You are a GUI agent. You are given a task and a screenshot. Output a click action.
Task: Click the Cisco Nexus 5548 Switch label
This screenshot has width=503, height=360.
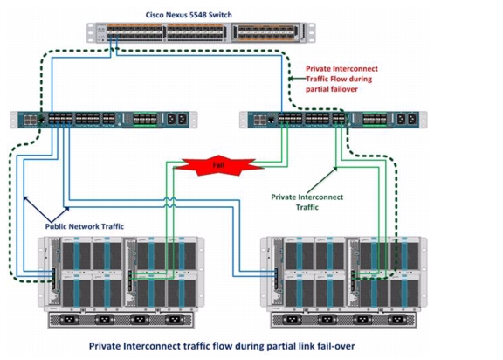tap(189, 15)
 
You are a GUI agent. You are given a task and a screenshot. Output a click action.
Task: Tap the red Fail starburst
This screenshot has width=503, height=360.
tap(218, 165)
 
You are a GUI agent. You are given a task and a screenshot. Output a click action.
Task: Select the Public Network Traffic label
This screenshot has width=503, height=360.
tap(85, 226)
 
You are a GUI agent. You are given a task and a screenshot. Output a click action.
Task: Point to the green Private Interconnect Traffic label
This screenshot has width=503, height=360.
tap(307, 202)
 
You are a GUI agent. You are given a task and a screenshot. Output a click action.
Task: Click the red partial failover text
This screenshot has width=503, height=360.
tap(332, 89)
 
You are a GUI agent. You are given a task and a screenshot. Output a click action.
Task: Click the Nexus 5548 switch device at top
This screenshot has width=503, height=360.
tap(201, 32)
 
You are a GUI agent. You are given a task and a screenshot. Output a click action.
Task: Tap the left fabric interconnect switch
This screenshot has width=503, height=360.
tap(104, 120)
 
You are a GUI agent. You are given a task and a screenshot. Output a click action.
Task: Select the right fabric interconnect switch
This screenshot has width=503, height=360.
tap(334, 120)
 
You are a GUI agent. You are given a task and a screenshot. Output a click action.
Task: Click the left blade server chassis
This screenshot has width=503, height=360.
tap(121, 282)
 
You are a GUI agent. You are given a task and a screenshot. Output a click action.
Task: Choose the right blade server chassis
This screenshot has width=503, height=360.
tap(343, 282)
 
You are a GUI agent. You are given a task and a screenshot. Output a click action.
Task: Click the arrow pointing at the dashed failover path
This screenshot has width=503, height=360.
tap(298, 79)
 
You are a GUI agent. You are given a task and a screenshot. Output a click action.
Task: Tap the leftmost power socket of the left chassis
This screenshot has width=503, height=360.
tap(69, 320)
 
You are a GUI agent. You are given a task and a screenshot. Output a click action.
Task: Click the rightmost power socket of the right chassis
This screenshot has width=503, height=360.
tap(397, 320)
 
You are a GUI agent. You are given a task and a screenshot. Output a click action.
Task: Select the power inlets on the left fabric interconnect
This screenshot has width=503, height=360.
tap(176, 119)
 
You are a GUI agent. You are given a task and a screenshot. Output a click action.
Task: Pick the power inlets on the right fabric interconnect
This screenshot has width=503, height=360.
tap(406, 119)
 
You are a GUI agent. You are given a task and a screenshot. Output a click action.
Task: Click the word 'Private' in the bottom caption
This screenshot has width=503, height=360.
tap(105, 346)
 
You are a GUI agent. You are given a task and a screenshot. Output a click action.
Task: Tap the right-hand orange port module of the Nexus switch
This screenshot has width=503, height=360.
tap(265, 32)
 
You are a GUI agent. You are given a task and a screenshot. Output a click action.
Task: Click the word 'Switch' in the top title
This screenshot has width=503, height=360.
tap(220, 15)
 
